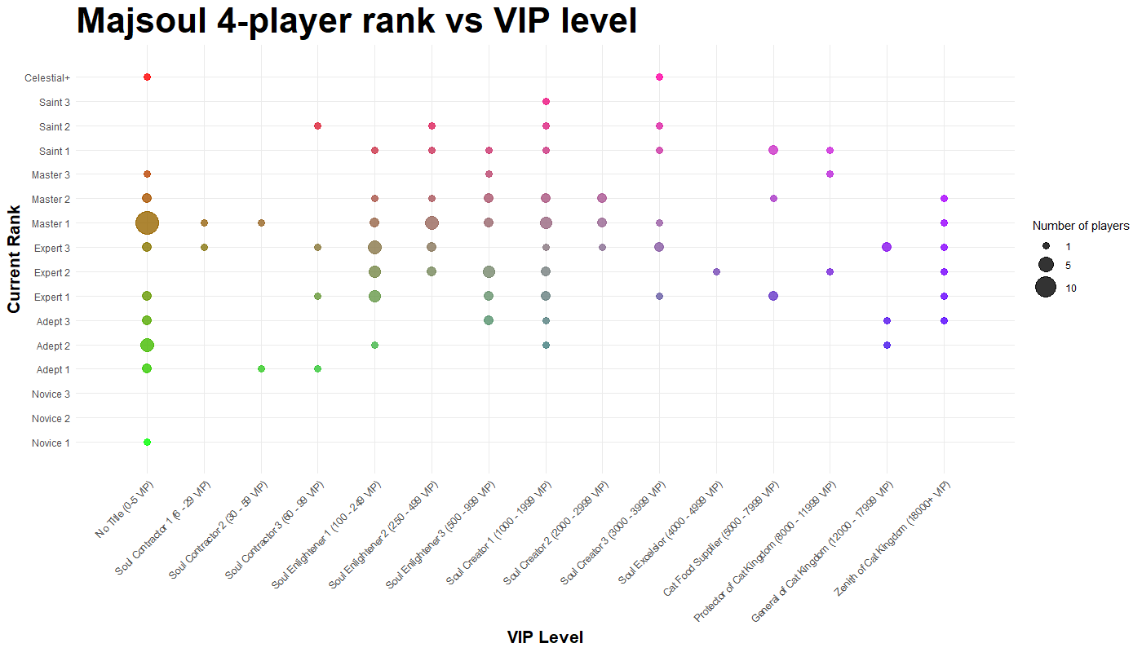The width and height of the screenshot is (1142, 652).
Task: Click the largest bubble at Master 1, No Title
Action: click(x=147, y=222)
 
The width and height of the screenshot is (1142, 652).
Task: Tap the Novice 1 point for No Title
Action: click(x=147, y=443)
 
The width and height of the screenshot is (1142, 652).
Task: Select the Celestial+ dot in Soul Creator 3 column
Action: click(x=659, y=77)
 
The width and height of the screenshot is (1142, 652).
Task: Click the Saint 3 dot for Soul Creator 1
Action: click(x=546, y=101)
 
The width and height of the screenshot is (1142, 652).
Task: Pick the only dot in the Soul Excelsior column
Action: click(x=716, y=271)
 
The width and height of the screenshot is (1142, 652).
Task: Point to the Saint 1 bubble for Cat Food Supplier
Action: click(x=773, y=150)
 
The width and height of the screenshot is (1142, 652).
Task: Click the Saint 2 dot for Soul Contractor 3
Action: click(x=317, y=126)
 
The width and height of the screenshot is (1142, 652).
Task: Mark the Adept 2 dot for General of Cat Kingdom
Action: click(x=887, y=345)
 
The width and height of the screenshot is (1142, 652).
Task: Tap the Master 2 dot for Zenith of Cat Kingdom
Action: click(x=944, y=199)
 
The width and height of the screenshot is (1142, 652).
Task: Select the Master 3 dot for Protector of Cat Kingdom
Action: click(x=830, y=174)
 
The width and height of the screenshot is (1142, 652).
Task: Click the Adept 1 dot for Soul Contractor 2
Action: click(x=261, y=369)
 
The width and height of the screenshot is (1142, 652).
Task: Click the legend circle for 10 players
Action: click(x=1046, y=288)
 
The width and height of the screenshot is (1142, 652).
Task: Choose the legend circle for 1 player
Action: click(x=1046, y=245)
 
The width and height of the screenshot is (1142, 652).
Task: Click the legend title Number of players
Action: click(x=1081, y=226)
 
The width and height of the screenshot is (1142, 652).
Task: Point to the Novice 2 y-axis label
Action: click(x=51, y=419)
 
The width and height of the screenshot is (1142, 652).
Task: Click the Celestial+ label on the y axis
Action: click(x=47, y=77)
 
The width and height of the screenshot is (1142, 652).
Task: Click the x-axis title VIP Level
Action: click(x=545, y=637)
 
